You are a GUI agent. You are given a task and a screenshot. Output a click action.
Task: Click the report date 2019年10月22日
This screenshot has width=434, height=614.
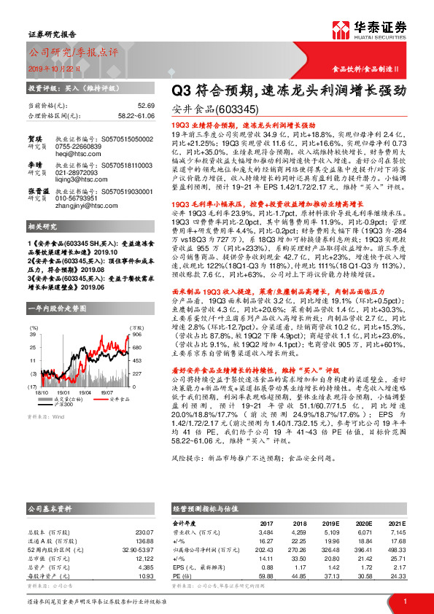(x=56, y=67)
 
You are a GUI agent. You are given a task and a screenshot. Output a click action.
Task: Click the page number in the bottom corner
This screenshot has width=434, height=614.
(x=404, y=601)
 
